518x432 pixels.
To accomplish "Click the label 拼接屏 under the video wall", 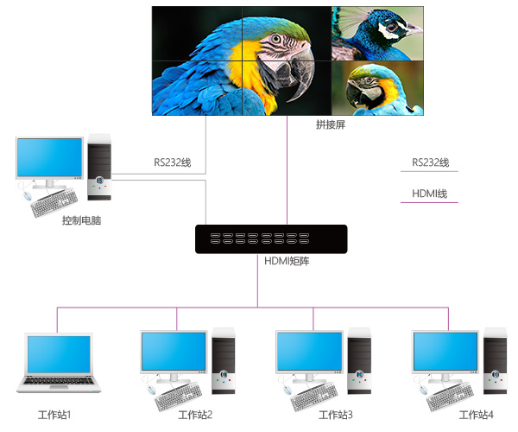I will click(330, 125).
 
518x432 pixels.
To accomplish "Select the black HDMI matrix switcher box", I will click(271, 238).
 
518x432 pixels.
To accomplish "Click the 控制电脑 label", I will click(82, 220).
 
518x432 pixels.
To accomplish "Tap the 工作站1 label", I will click(55, 416).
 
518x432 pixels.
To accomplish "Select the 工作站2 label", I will click(195, 416).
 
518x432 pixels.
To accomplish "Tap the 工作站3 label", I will click(335, 416).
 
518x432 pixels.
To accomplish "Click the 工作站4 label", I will click(476, 416).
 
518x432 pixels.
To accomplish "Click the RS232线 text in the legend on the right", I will click(430, 162).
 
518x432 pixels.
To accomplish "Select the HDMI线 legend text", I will click(429, 193).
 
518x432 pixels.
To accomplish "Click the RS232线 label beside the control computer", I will click(173, 162).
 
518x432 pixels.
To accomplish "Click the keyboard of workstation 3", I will click(314, 398).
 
